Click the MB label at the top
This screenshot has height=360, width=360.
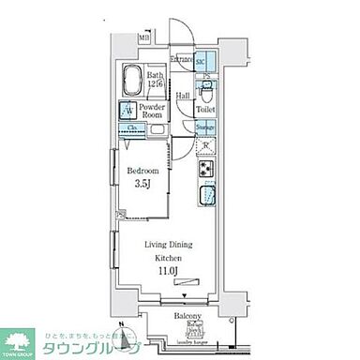tap(143, 38)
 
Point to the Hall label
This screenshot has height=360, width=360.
tap(183, 94)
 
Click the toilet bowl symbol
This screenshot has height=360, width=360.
tap(208, 91)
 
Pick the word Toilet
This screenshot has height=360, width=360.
tap(205, 110)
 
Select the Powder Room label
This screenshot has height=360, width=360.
tap(152, 112)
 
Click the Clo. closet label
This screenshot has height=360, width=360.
tap(134, 128)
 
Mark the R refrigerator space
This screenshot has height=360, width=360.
tap(206, 146)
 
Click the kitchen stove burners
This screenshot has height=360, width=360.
tap(205, 171)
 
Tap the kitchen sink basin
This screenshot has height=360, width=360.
tap(205, 198)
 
